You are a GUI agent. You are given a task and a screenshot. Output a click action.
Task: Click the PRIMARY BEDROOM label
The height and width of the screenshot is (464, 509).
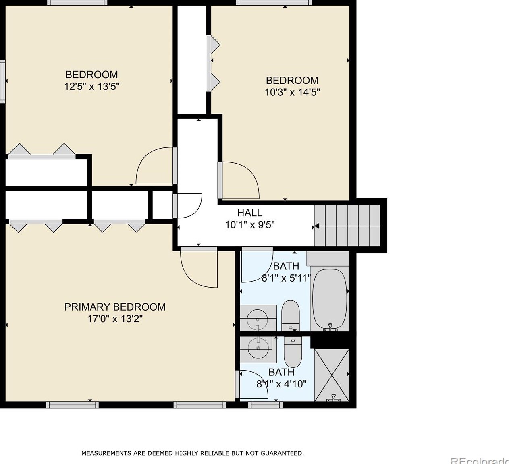pos(115,307)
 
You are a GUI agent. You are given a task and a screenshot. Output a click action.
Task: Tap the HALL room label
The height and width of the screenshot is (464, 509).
pos(250,213)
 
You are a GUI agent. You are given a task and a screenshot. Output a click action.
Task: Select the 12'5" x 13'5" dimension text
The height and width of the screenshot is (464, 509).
pos(91,87)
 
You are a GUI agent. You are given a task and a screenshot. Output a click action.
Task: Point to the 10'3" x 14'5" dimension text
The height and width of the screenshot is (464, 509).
pos(292,92)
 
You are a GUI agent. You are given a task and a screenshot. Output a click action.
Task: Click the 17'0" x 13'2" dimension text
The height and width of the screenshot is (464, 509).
pos(115,319)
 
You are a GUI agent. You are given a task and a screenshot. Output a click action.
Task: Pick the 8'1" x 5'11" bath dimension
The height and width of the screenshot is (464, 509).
pos(286,278)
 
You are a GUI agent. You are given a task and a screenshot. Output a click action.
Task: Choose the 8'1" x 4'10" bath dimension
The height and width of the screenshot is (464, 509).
pos(281,384)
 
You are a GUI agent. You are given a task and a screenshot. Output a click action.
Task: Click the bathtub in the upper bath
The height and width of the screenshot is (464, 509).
pos(330,300)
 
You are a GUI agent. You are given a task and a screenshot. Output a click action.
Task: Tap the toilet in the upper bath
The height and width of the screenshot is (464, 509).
pos(291,316)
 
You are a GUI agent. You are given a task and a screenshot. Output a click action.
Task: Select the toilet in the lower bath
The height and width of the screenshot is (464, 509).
pos(293,352)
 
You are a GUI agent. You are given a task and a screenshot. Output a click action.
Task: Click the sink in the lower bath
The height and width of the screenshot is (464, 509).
pos(258,350)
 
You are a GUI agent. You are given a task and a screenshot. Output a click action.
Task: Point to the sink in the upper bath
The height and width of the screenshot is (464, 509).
pos(258,318)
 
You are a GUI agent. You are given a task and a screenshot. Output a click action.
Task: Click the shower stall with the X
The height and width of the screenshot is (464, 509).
pos(332,375)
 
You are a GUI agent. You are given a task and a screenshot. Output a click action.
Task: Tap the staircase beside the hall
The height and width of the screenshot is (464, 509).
pos(347,226)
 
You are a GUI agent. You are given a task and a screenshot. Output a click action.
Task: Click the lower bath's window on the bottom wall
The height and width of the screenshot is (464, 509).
pos(266,405)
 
